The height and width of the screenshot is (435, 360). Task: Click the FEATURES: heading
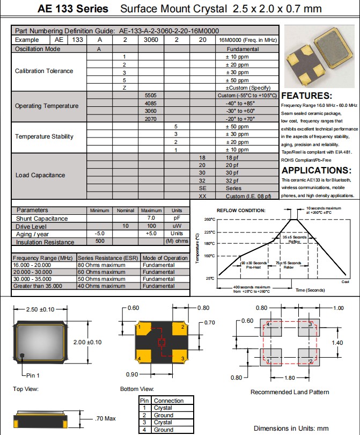pos(308,96)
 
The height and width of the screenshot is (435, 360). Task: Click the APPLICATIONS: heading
pos(317,171)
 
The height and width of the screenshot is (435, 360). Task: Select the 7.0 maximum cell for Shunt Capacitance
pos(151,219)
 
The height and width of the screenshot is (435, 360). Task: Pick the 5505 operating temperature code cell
pos(151,95)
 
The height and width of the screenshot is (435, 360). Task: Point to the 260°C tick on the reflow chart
pos(210,219)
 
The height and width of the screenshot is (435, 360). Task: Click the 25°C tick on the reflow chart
pos(210,278)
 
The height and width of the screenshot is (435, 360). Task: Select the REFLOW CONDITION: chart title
pos(241,211)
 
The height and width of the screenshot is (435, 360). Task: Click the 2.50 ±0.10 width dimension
pos(40,310)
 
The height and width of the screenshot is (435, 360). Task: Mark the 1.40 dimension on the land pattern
pos(337,342)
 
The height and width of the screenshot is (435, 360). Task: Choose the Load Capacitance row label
pos(40,175)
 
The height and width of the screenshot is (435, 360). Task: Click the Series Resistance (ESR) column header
pos(108,258)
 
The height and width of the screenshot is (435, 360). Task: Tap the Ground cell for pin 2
pos(163,415)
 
